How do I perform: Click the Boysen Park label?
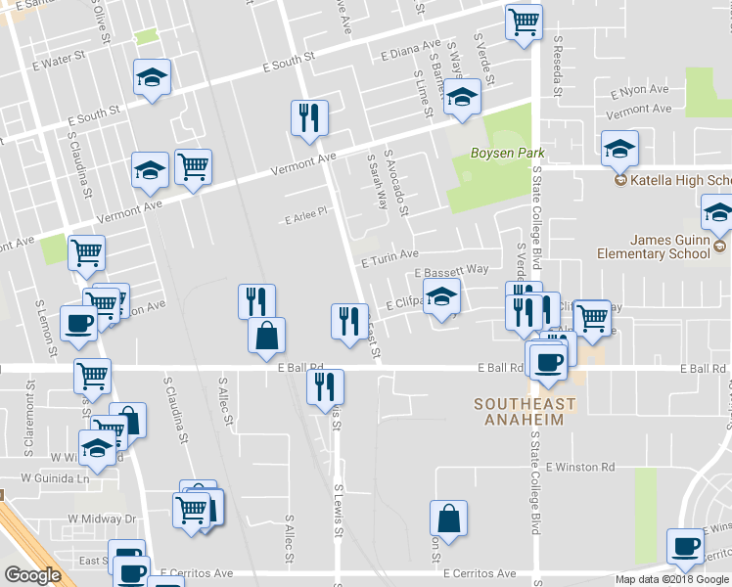[506, 154]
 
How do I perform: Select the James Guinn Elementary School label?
[655, 247]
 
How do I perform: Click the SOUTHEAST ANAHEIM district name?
[525, 412]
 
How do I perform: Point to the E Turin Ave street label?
[389, 261]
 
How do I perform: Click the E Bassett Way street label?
[451, 270]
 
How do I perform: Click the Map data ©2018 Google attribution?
[672, 579]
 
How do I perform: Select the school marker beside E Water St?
[152, 79]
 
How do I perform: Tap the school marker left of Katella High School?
[619, 149]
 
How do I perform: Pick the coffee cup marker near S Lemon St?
[78, 323]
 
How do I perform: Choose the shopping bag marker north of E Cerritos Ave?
[448, 519]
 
